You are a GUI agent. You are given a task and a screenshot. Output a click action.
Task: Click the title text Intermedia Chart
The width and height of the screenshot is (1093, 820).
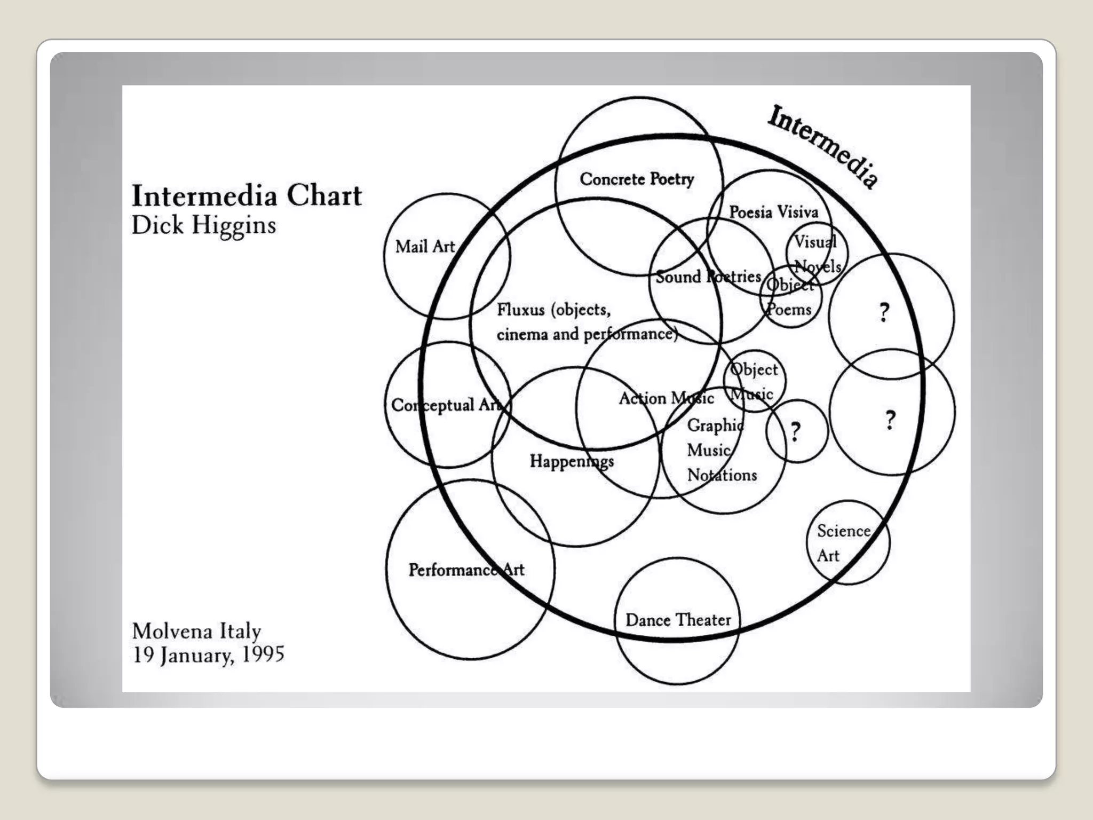coord(247,195)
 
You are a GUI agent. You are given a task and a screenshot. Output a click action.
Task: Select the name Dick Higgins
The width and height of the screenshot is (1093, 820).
coord(203,225)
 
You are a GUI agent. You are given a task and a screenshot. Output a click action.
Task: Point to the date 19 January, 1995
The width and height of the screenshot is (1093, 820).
coord(208,655)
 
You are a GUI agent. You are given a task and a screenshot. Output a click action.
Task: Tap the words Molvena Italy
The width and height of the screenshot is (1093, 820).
coord(196,631)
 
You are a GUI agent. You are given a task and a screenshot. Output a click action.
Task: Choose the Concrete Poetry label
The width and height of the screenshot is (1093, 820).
coord(637,179)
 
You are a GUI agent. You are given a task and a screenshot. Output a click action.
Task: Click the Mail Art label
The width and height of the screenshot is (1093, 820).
coord(425,247)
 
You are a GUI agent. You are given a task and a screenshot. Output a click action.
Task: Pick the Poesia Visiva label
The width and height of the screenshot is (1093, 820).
coord(773,212)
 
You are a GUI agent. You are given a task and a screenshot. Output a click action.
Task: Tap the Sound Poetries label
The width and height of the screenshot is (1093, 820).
coord(708,277)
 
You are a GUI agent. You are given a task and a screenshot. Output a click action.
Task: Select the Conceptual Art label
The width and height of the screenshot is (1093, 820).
coord(446,405)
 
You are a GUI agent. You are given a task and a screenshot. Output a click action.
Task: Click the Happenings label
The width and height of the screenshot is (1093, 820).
coord(572,461)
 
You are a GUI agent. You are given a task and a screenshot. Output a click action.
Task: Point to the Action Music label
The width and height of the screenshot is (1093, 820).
coord(666,398)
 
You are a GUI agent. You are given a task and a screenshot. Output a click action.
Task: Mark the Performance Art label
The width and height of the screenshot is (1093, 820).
coord(466,570)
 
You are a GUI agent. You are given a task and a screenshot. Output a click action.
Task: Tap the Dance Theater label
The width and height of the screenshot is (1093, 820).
coord(678,620)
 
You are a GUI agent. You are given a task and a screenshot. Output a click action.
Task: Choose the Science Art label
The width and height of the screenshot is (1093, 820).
coord(843,543)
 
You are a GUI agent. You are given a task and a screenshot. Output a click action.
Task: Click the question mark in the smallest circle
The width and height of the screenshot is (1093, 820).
coord(796,431)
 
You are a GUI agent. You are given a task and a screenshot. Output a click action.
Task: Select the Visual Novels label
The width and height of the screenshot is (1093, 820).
coord(817,254)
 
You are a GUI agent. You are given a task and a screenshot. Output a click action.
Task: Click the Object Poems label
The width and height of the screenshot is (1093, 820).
coord(790,297)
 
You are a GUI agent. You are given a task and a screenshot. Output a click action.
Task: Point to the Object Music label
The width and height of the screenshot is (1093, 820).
coord(753,382)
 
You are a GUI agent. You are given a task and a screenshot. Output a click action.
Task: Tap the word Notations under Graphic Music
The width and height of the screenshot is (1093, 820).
coord(722,475)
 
